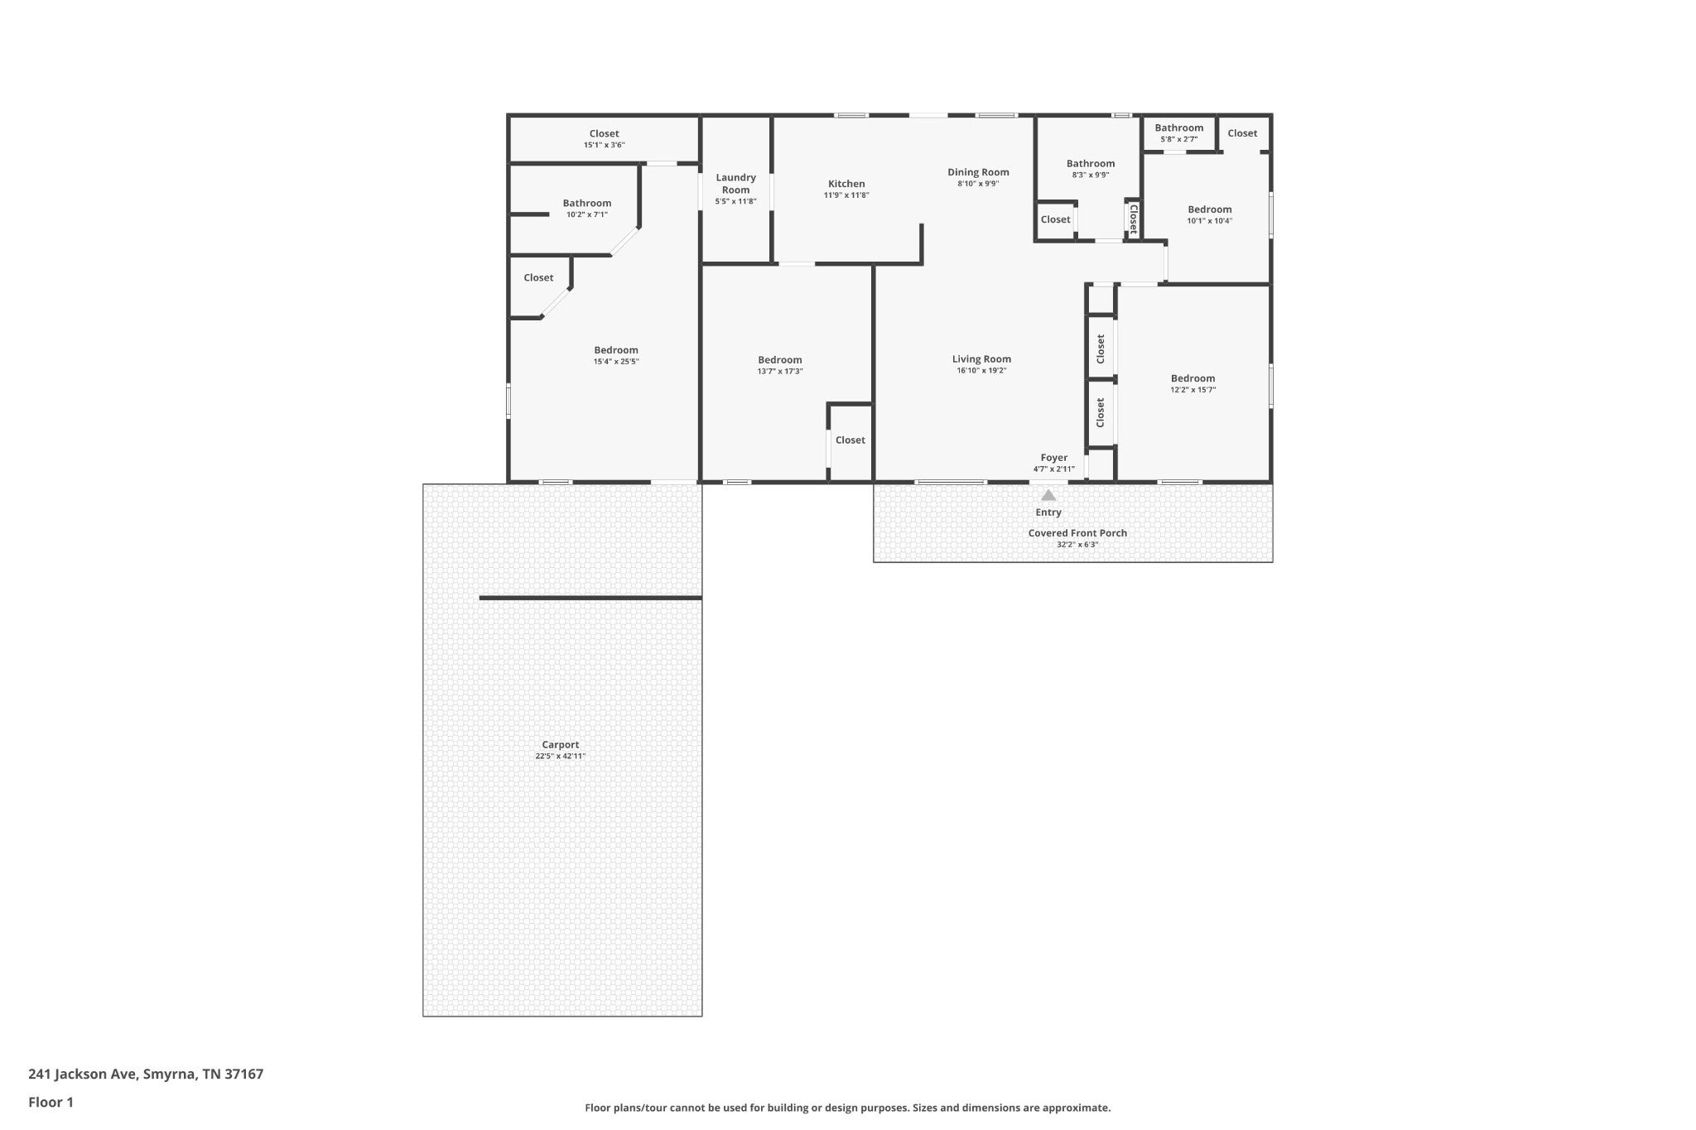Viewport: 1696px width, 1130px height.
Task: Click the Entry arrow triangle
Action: [x=1048, y=495]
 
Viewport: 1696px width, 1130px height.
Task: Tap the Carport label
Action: [x=561, y=744]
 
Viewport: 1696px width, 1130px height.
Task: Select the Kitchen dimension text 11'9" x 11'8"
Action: [x=846, y=195]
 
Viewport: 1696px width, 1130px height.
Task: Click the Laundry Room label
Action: [x=735, y=184]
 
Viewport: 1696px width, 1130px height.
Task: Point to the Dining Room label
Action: [x=979, y=172]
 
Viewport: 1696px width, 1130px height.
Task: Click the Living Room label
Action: [x=981, y=359]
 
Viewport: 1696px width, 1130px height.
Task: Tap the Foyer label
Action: [x=1054, y=458]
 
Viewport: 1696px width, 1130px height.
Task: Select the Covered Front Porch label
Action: [x=1077, y=533]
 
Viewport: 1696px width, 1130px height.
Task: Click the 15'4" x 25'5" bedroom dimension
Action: [x=616, y=362]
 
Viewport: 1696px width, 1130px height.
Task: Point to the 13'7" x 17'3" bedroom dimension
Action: [x=780, y=372]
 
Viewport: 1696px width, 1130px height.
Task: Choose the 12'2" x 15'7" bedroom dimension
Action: [x=1193, y=390]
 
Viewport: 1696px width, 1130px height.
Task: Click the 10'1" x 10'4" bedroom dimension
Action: [x=1210, y=221]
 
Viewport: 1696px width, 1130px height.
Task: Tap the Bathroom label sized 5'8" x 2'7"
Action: [x=1179, y=127]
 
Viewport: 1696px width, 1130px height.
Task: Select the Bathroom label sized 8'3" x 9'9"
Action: [x=1091, y=164]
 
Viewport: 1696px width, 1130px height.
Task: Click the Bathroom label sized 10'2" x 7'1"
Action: [x=587, y=204]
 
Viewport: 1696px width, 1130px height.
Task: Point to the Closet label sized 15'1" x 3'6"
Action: [x=605, y=134]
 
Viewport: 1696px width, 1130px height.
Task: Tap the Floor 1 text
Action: [x=51, y=1103]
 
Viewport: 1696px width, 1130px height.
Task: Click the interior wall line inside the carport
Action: [x=590, y=598]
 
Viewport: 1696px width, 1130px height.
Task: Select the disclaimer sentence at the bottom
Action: [x=848, y=1108]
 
